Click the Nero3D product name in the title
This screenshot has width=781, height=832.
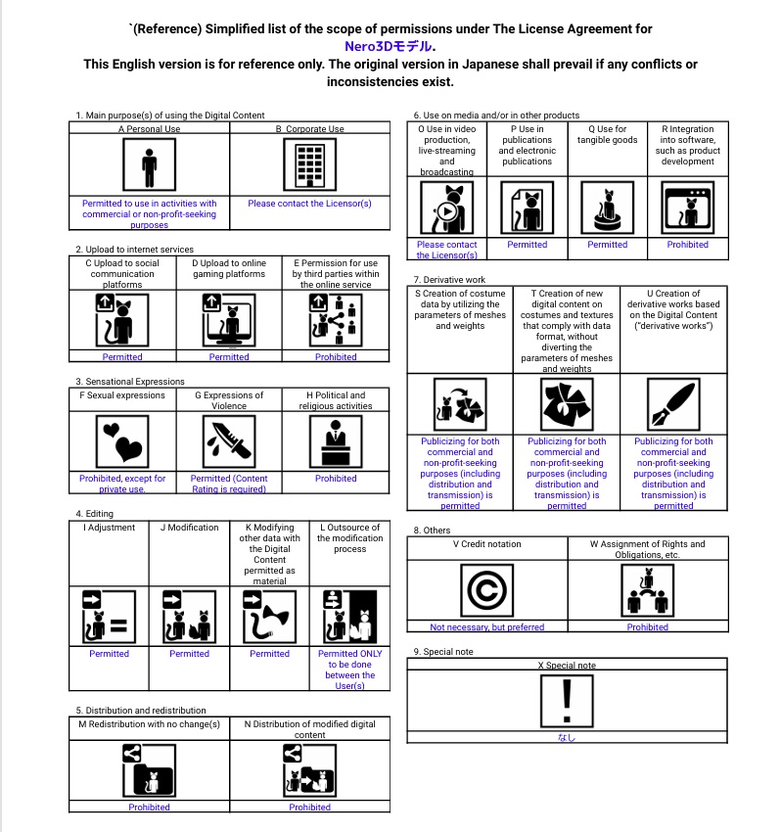[390, 46]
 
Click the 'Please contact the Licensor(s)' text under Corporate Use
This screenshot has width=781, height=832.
[309, 204]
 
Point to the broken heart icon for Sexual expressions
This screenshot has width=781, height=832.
[122, 441]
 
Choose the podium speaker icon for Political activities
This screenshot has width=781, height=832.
[336, 441]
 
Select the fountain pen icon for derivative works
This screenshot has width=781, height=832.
[673, 404]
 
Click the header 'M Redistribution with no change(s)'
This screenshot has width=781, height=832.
[149, 724]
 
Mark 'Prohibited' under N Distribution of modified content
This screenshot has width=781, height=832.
[309, 808]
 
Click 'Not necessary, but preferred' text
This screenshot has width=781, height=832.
[487, 627]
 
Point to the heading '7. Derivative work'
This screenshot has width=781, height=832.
[449, 280]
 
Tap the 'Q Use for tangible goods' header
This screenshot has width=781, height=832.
[607, 134]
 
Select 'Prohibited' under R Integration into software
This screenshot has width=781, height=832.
[687, 245]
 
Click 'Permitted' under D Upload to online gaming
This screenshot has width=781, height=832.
[229, 357]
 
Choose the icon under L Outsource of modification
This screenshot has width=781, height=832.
[349, 617]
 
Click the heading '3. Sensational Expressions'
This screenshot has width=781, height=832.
[130, 382]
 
